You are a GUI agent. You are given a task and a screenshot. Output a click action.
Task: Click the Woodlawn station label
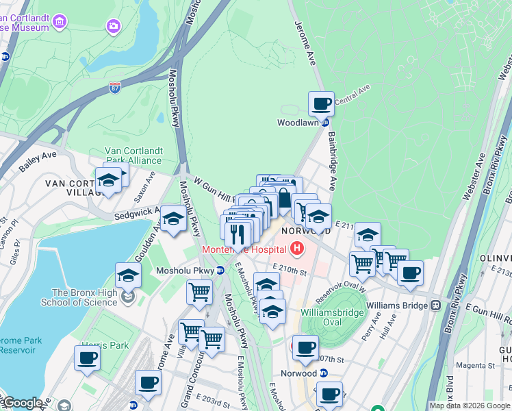tap(298, 123)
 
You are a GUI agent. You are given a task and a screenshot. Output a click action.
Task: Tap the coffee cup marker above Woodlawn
tap(321, 105)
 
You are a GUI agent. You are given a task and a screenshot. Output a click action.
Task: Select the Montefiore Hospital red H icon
tap(298, 248)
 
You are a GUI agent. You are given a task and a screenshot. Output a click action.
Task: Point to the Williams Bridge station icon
tap(435, 305)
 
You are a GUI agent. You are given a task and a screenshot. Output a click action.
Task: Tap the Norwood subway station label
tap(298, 373)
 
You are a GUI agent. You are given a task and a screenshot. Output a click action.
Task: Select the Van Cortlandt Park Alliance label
tap(133, 156)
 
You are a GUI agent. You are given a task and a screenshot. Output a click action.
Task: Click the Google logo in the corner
tap(22, 403)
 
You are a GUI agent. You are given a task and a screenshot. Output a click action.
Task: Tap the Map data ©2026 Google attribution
tap(470, 406)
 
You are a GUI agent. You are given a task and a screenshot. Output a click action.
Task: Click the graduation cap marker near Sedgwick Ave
tap(174, 219)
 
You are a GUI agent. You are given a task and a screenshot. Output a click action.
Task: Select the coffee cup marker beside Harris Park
tap(87, 358)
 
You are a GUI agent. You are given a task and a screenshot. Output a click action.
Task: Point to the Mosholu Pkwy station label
tap(186, 271)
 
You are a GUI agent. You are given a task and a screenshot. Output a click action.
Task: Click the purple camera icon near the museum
tap(112, 27)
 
